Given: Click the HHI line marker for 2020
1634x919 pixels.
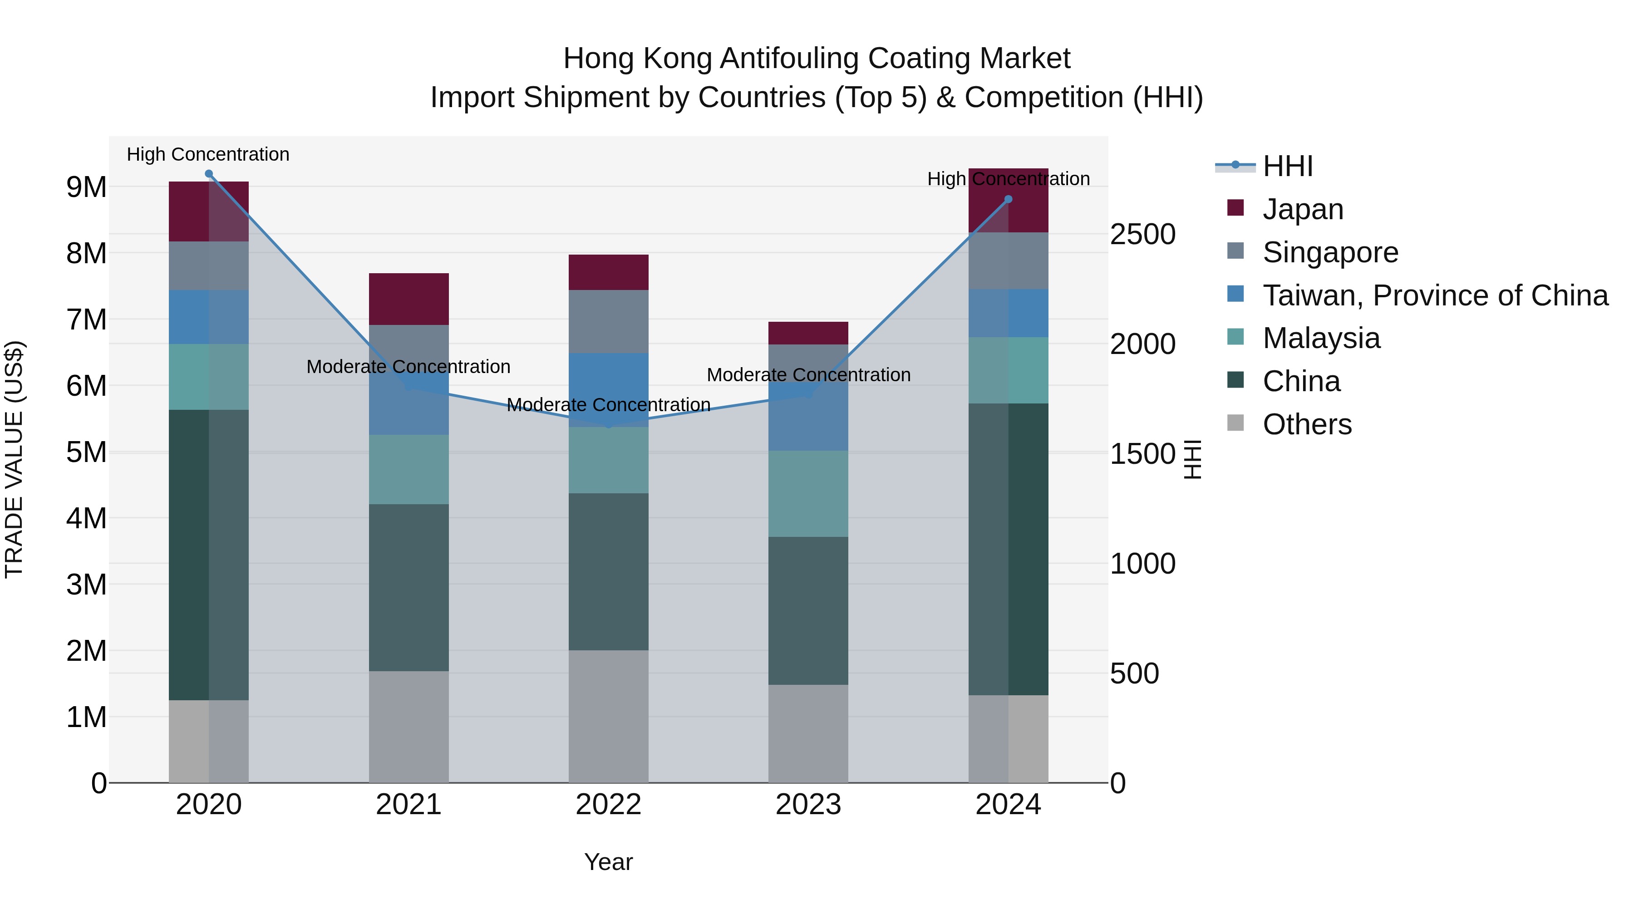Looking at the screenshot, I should [209, 174].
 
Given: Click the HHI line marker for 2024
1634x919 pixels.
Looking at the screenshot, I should [1008, 199].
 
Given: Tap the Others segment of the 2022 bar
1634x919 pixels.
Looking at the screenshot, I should [608, 716].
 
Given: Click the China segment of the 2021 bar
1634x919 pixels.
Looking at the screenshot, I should [408, 587].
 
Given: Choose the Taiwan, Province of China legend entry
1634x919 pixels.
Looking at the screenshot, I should [1435, 295].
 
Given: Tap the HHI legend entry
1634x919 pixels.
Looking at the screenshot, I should [1287, 166].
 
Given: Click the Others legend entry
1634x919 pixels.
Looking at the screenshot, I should [1307, 424].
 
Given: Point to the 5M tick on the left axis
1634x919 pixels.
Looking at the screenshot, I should [86, 452].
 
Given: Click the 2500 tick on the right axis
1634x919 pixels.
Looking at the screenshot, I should [1142, 234].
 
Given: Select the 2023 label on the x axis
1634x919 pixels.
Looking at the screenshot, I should [808, 805].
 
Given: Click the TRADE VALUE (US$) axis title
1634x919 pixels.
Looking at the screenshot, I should [14, 459].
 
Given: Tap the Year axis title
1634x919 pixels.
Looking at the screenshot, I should [608, 862].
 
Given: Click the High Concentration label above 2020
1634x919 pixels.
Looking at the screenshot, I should [208, 154].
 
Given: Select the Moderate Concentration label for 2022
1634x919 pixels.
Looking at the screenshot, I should [608, 405].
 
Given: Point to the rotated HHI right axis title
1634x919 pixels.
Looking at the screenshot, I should [1192, 459].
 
